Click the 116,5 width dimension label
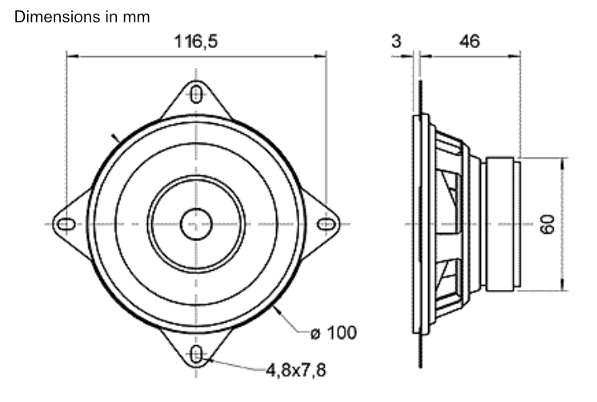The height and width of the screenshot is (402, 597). [x=196, y=42]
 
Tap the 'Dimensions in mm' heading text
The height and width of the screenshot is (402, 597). [x=76, y=15]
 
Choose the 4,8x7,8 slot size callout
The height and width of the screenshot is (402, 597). [x=296, y=370]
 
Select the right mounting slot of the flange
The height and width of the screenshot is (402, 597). [x=324, y=223]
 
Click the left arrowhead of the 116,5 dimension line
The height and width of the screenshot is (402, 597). [x=70, y=56]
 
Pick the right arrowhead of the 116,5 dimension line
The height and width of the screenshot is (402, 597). [x=323, y=56]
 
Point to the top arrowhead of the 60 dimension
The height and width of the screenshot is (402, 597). [x=563, y=160]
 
